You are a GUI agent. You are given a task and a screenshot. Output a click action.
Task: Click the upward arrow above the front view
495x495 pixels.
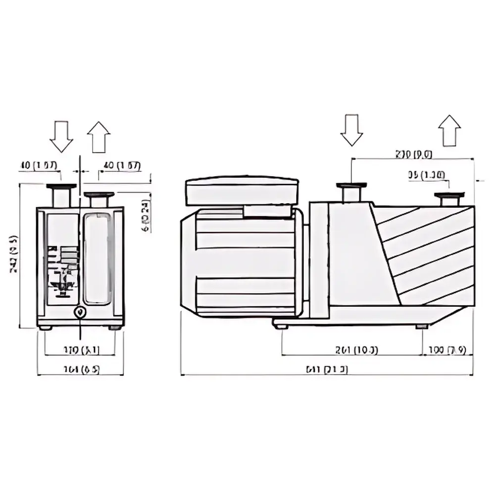(x=99, y=137)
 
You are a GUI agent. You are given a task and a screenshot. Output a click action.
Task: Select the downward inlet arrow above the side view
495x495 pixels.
(x=352, y=130)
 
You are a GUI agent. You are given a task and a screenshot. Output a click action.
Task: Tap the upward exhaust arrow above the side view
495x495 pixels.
(x=449, y=131)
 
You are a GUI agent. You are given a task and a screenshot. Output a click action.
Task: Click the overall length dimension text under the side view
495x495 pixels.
(x=327, y=369)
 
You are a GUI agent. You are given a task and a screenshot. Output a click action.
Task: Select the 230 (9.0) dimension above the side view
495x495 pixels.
(x=413, y=154)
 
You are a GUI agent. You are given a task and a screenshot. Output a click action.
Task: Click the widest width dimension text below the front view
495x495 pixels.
(x=81, y=369)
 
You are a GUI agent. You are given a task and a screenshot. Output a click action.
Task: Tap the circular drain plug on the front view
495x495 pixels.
(x=80, y=312)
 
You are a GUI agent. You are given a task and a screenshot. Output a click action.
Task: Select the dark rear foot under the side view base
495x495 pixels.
(x=422, y=326)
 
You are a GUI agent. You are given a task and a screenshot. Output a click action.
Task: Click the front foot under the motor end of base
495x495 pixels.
(x=281, y=326)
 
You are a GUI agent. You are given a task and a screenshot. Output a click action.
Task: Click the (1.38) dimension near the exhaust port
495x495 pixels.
(x=426, y=174)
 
